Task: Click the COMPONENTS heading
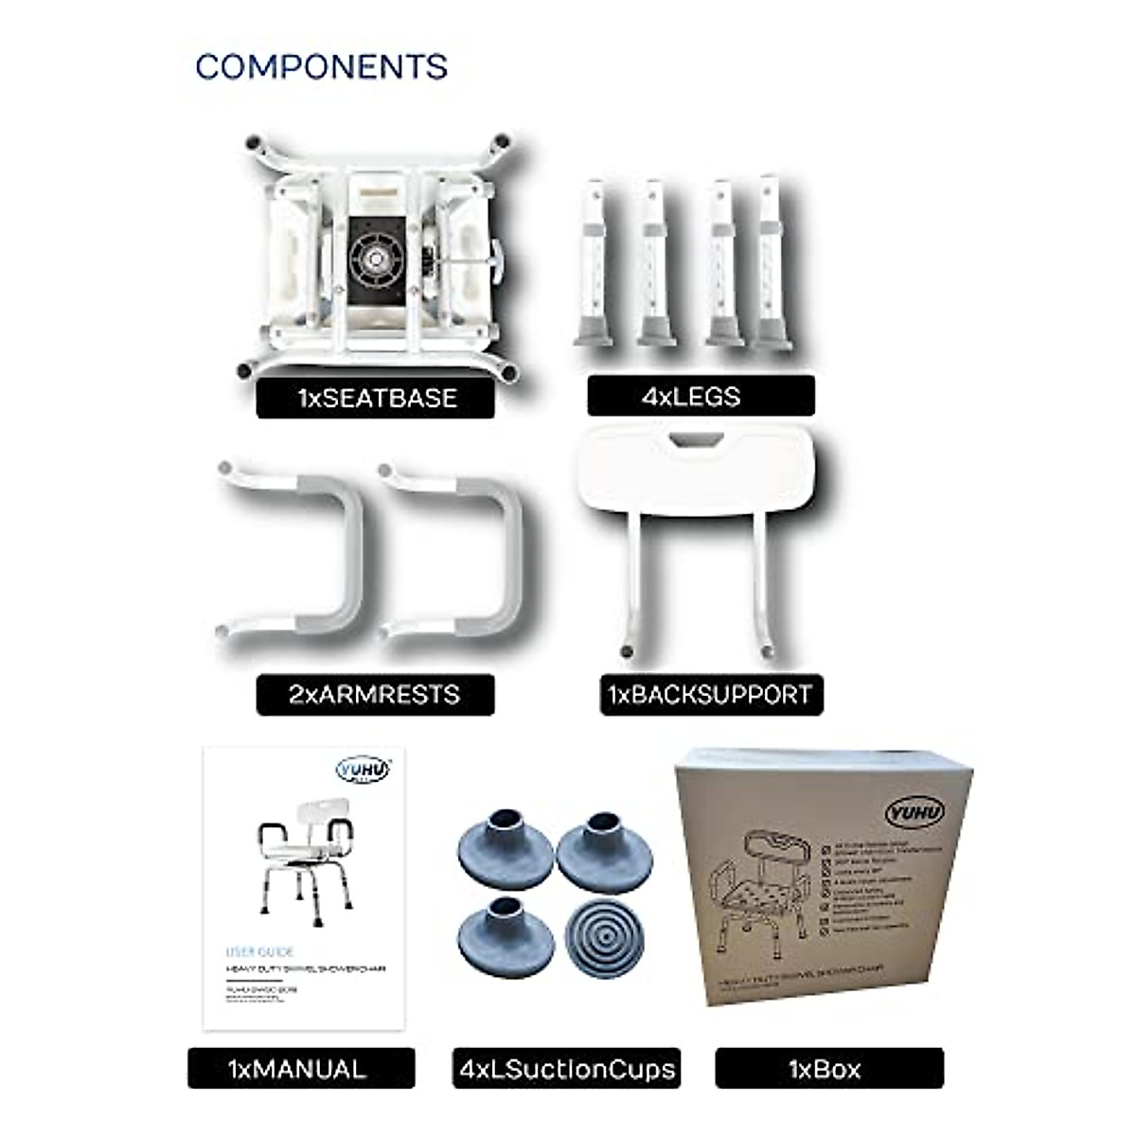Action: [x=321, y=67]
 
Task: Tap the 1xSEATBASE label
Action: [x=376, y=398]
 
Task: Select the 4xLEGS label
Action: [x=701, y=396]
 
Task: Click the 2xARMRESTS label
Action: [x=375, y=694]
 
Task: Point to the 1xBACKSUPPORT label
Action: [x=711, y=694]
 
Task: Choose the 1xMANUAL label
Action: [x=300, y=1069]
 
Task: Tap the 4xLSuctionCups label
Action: [x=567, y=1069]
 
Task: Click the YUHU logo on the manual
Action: [x=363, y=771]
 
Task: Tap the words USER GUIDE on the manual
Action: [x=260, y=951]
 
